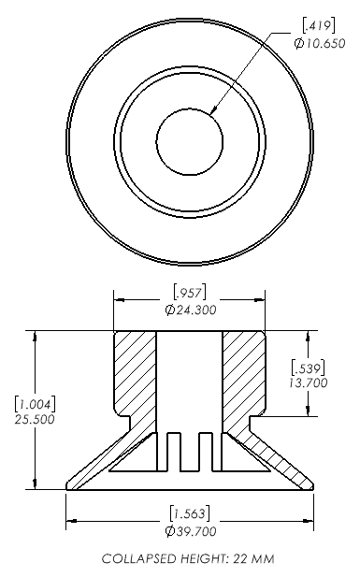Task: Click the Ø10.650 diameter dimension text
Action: point(320,43)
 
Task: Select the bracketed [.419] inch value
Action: point(319,26)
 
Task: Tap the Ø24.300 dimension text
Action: point(191,310)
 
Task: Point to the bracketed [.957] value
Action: point(189,293)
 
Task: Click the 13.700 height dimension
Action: point(308,382)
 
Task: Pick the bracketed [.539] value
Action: point(308,368)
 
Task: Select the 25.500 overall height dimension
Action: point(35,419)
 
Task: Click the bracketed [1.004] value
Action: point(35,404)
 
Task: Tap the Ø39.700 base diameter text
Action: point(191,531)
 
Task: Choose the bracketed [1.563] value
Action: point(190,513)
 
